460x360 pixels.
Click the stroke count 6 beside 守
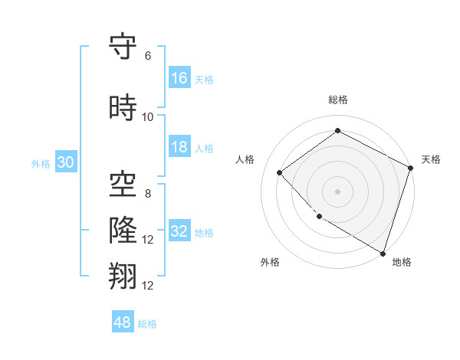(148, 55)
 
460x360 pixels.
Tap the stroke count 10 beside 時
(148, 117)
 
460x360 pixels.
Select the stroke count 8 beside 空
(148, 193)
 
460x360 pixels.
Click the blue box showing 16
(179, 78)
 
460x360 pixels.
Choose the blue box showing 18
(179, 147)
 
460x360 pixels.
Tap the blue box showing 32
(179, 231)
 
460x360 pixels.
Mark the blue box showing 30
(65, 162)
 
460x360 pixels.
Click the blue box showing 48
(123, 322)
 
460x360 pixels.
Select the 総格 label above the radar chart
(337, 100)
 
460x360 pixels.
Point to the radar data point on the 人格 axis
(280, 172)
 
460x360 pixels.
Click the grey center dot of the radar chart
(337, 191)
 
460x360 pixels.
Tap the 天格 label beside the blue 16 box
(204, 79)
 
